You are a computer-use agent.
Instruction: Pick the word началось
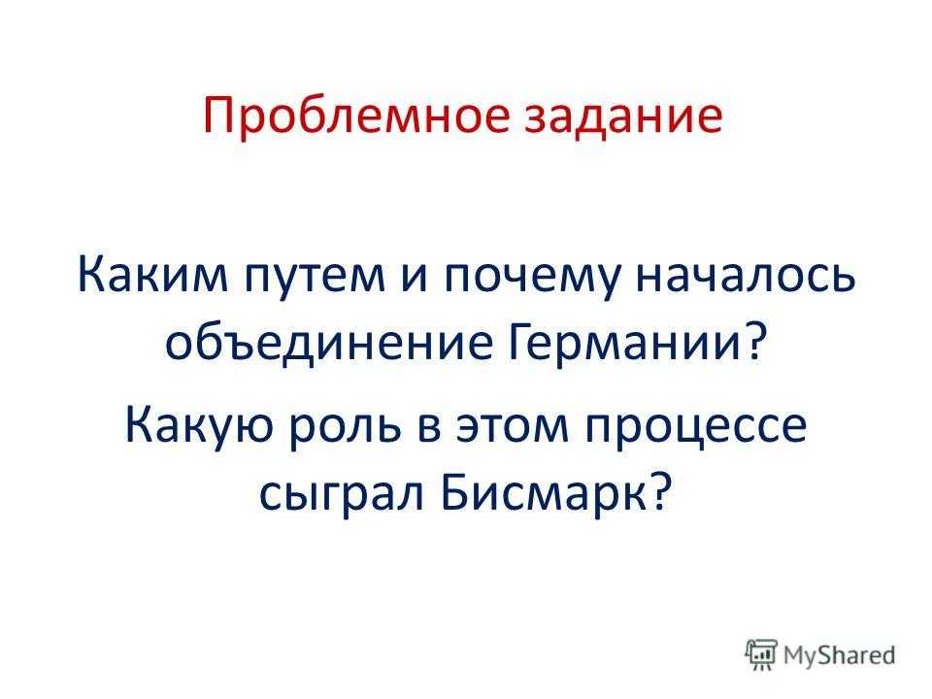[746, 277]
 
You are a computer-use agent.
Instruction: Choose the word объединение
[329, 344]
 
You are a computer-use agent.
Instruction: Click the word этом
[513, 428]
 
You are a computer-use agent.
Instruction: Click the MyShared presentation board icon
[761, 654]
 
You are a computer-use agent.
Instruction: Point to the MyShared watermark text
[839, 655]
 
